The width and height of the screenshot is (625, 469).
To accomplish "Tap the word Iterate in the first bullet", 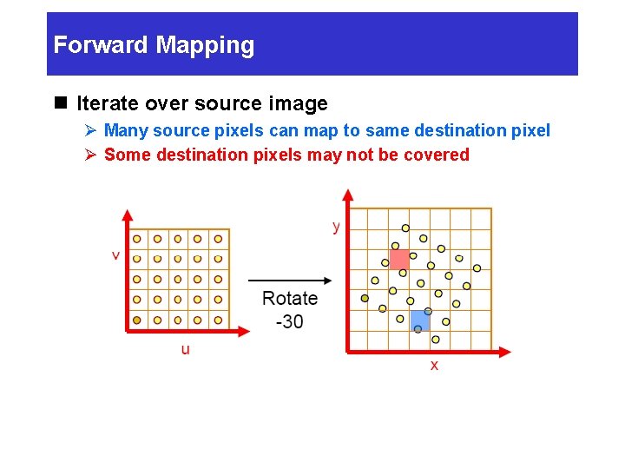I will click(x=105, y=104).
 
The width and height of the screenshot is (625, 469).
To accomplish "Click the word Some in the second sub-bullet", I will click(x=124, y=155).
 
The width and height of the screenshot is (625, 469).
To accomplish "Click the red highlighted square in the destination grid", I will click(x=399, y=259).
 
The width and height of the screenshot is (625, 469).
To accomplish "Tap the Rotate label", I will click(x=290, y=299).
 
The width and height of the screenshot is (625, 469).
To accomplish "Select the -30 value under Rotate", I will click(x=289, y=321).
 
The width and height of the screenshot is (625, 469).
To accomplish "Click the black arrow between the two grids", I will click(x=290, y=280).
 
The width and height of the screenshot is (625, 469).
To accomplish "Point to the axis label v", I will click(x=115, y=255).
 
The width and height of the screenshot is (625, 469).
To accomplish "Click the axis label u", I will click(x=185, y=349).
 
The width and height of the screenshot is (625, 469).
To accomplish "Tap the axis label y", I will click(x=336, y=226).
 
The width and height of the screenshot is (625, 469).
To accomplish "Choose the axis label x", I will click(x=434, y=366).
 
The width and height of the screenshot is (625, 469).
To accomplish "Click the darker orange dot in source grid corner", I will click(x=137, y=320).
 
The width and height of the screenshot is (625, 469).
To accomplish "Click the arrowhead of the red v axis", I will click(x=127, y=214).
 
